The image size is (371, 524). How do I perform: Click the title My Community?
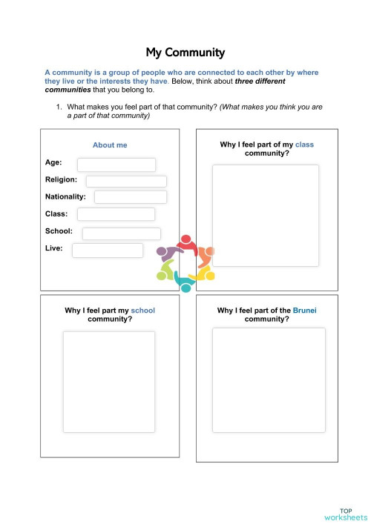click(x=185, y=53)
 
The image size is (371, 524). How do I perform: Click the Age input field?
click(x=116, y=165)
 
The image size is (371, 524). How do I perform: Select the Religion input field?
click(x=126, y=181)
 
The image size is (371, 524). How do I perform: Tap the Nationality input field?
click(x=130, y=197)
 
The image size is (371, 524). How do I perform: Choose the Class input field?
click(x=116, y=214)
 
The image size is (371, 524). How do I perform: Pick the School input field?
click(x=121, y=233)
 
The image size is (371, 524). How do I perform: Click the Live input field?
click(x=108, y=251)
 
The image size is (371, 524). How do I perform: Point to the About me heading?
click(x=110, y=145)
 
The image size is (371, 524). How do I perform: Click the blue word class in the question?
click(x=304, y=145)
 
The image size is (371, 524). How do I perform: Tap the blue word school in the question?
click(x=142, y=311)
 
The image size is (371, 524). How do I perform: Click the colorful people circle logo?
click(x=185, y=262)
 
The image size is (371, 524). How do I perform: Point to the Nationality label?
click(x=65, y=196)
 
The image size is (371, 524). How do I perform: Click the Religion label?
click(x=61, y=179)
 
